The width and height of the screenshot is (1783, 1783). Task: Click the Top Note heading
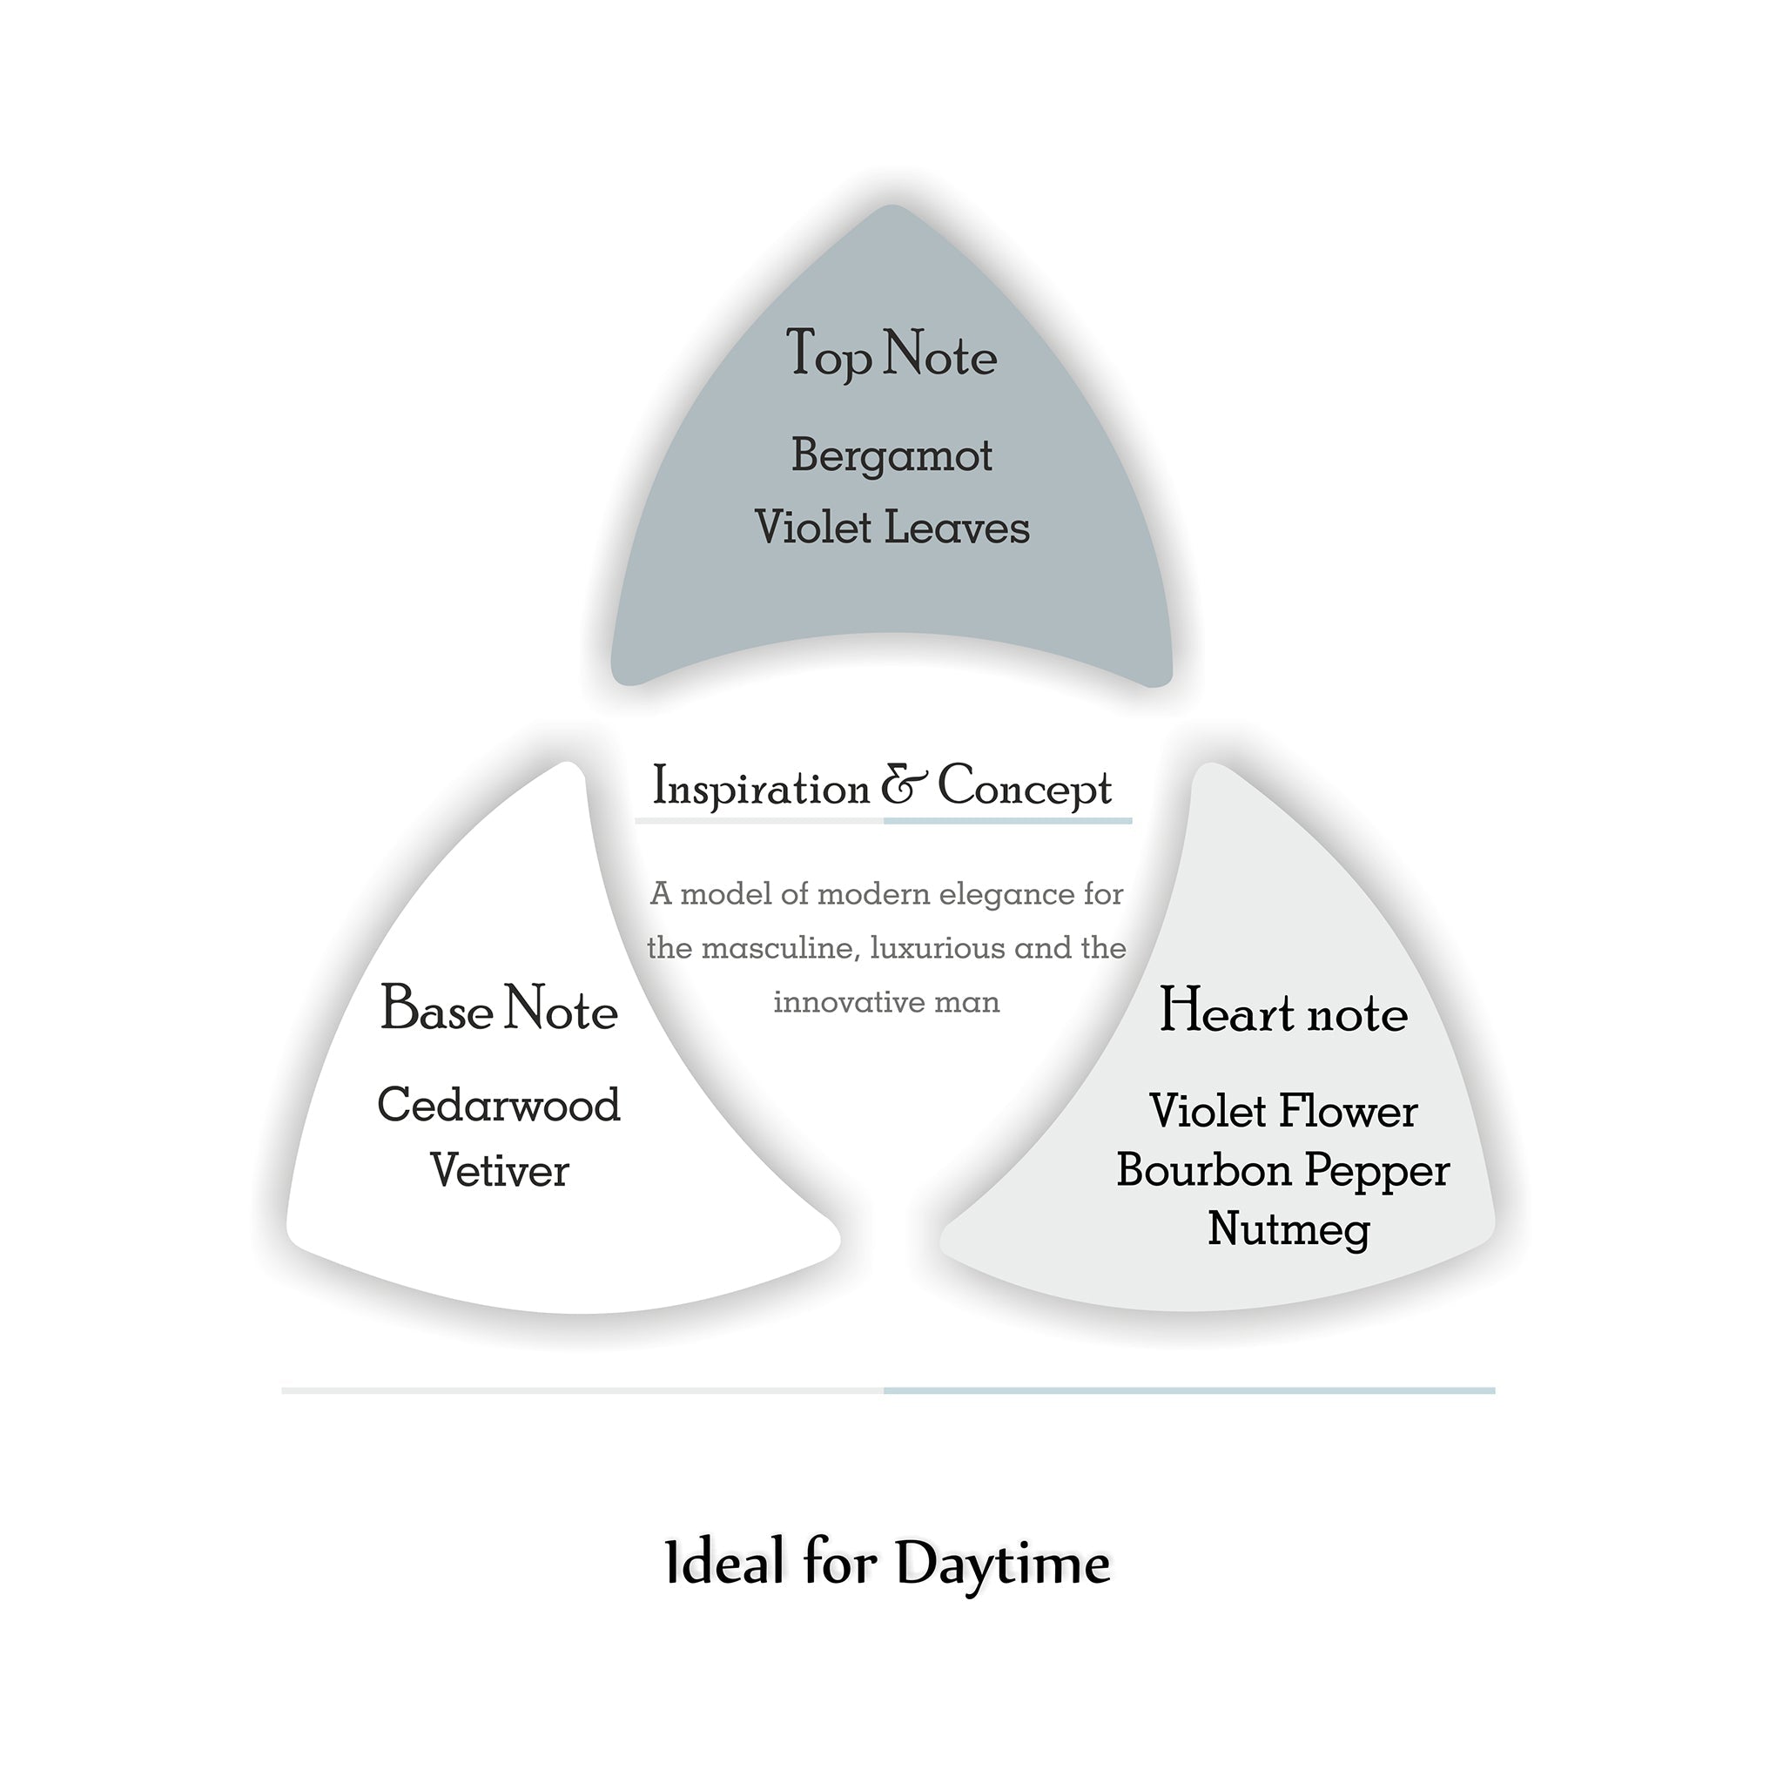point(891,354)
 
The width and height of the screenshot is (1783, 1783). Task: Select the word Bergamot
point(891,456)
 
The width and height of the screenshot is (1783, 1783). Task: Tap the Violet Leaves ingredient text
point(891,528)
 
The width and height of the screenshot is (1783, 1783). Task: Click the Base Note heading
point(499,1009)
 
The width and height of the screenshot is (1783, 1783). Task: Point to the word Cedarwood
point(499,1105)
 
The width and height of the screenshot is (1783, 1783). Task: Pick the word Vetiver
point(499,1170)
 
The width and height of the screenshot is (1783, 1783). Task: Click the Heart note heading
point(1282,1013)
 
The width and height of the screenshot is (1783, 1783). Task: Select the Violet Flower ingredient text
point(1282,1111)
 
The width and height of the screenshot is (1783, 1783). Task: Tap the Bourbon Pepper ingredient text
point(1282,1170)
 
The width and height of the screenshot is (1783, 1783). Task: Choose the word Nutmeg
point(1288,1229)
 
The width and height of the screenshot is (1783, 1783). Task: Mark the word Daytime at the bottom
point(1002,1564)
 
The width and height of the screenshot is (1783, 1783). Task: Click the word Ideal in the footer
point(724,1564)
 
